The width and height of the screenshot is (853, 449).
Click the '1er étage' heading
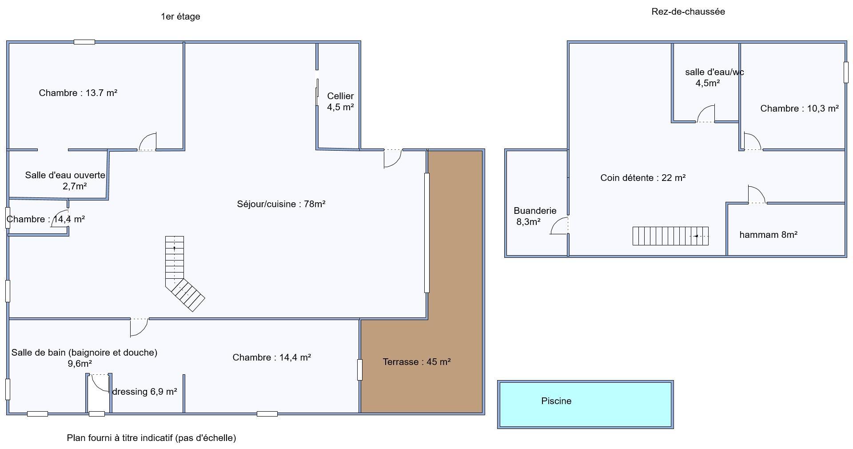click(180, 16)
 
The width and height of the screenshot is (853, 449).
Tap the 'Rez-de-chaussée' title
click(688, 12)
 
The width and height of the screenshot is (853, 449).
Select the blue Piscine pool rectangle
click(586, 405)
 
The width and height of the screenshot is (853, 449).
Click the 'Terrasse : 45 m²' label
click(417, 362)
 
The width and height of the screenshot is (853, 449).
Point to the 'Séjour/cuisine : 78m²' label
click(281, 204)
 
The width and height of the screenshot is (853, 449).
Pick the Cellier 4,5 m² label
click(340, 101)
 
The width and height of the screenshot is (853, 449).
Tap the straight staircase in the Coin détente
click(670, 236)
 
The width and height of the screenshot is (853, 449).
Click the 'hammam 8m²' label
click(768, 235)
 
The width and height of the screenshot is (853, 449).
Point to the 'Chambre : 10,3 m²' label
click(799, 108)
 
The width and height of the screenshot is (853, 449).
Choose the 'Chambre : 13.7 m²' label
click(78, 93)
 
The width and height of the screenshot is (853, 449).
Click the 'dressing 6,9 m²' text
click(144, 392)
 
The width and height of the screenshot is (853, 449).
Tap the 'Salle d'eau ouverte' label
click(65, 175)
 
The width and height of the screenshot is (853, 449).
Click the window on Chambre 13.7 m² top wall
click(84, 42)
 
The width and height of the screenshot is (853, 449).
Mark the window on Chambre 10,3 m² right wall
click(846, 72)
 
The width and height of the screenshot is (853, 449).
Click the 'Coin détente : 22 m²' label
click(643, 178)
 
